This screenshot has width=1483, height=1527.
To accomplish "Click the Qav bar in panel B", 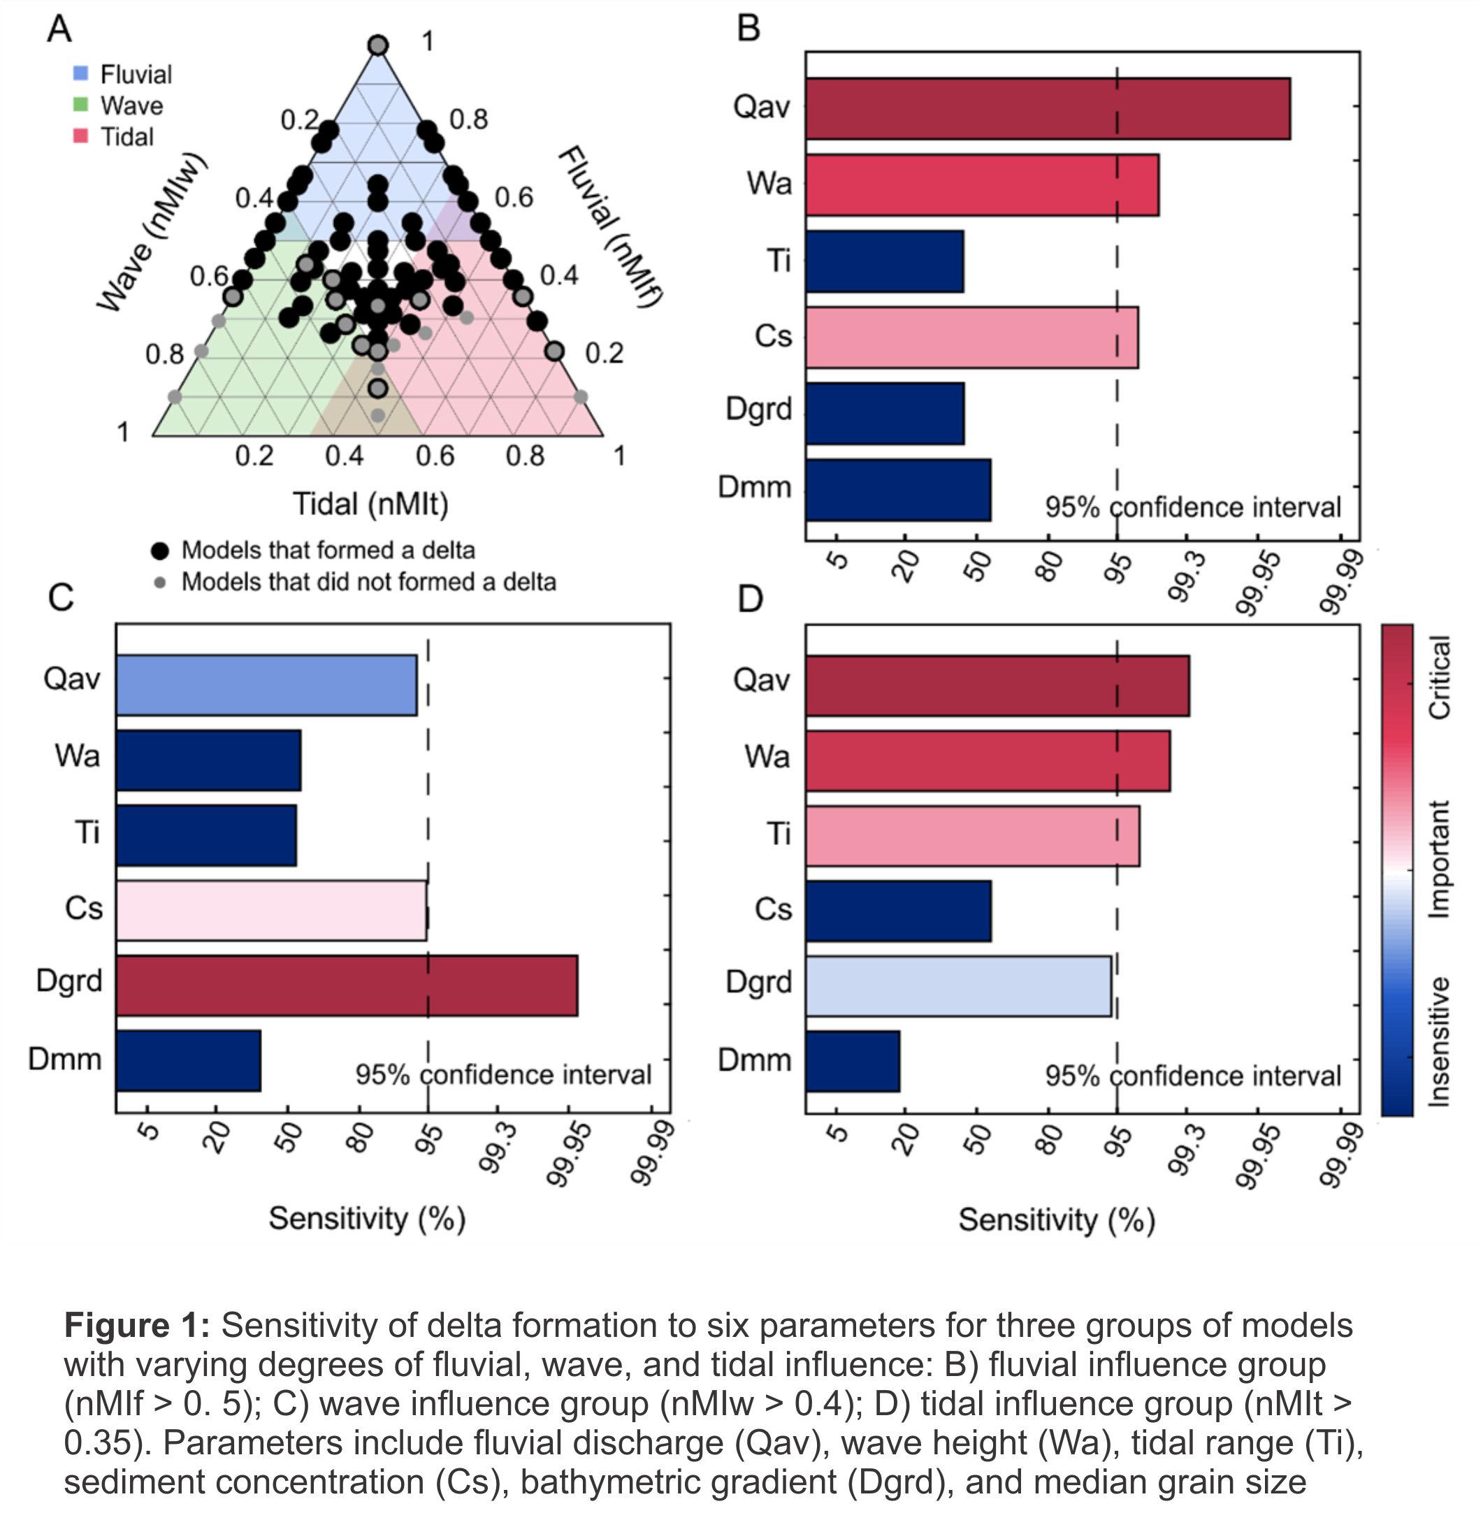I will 1048,108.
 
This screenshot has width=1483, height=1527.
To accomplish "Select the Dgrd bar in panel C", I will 347,985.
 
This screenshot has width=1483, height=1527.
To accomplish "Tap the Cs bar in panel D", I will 898,911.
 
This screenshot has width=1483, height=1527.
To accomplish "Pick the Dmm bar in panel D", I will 853,1061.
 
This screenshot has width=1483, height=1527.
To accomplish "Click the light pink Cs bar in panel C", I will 271,911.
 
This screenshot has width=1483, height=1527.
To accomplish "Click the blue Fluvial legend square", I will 80,73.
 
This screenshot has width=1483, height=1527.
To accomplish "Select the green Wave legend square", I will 80,104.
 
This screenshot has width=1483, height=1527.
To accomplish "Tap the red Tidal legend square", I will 80,136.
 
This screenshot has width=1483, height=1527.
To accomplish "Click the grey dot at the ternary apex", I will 378,45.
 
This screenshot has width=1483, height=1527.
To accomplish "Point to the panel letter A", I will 59,29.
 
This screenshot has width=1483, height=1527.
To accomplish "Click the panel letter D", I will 750,600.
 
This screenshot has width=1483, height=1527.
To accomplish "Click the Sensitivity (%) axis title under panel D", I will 1056,1220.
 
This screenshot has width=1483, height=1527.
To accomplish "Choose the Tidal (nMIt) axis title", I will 370,504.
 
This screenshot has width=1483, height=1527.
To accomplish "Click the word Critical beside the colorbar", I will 1438,677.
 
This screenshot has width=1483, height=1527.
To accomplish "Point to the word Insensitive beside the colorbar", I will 1438,1041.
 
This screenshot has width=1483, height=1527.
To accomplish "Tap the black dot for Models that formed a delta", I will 160,551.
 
